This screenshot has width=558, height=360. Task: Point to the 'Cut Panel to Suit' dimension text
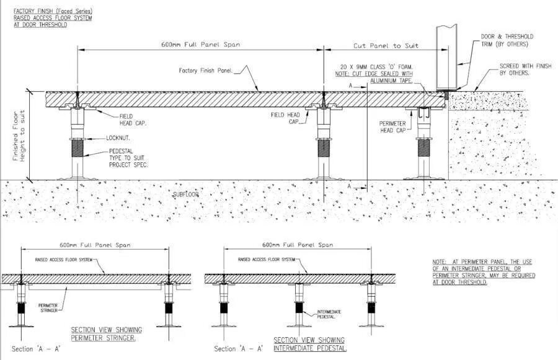pos(386,46)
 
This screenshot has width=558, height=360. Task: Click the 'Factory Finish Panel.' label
pos(206,71)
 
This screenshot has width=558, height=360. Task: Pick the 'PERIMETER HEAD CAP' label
pos(393,127)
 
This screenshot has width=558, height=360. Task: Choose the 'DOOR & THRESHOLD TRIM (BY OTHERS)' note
pos(507,40)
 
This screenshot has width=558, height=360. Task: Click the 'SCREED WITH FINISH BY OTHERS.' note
pos(506,69)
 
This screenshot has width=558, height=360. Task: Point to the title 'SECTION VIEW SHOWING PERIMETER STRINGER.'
pos(104,333)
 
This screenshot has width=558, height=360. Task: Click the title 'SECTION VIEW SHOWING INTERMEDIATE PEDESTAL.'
pos(310,344)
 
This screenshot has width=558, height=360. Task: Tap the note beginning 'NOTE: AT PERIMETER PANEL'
pos(482,272)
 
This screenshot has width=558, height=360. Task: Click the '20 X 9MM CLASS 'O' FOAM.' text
pos(377,66)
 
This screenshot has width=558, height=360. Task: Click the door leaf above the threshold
pos(446,56)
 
